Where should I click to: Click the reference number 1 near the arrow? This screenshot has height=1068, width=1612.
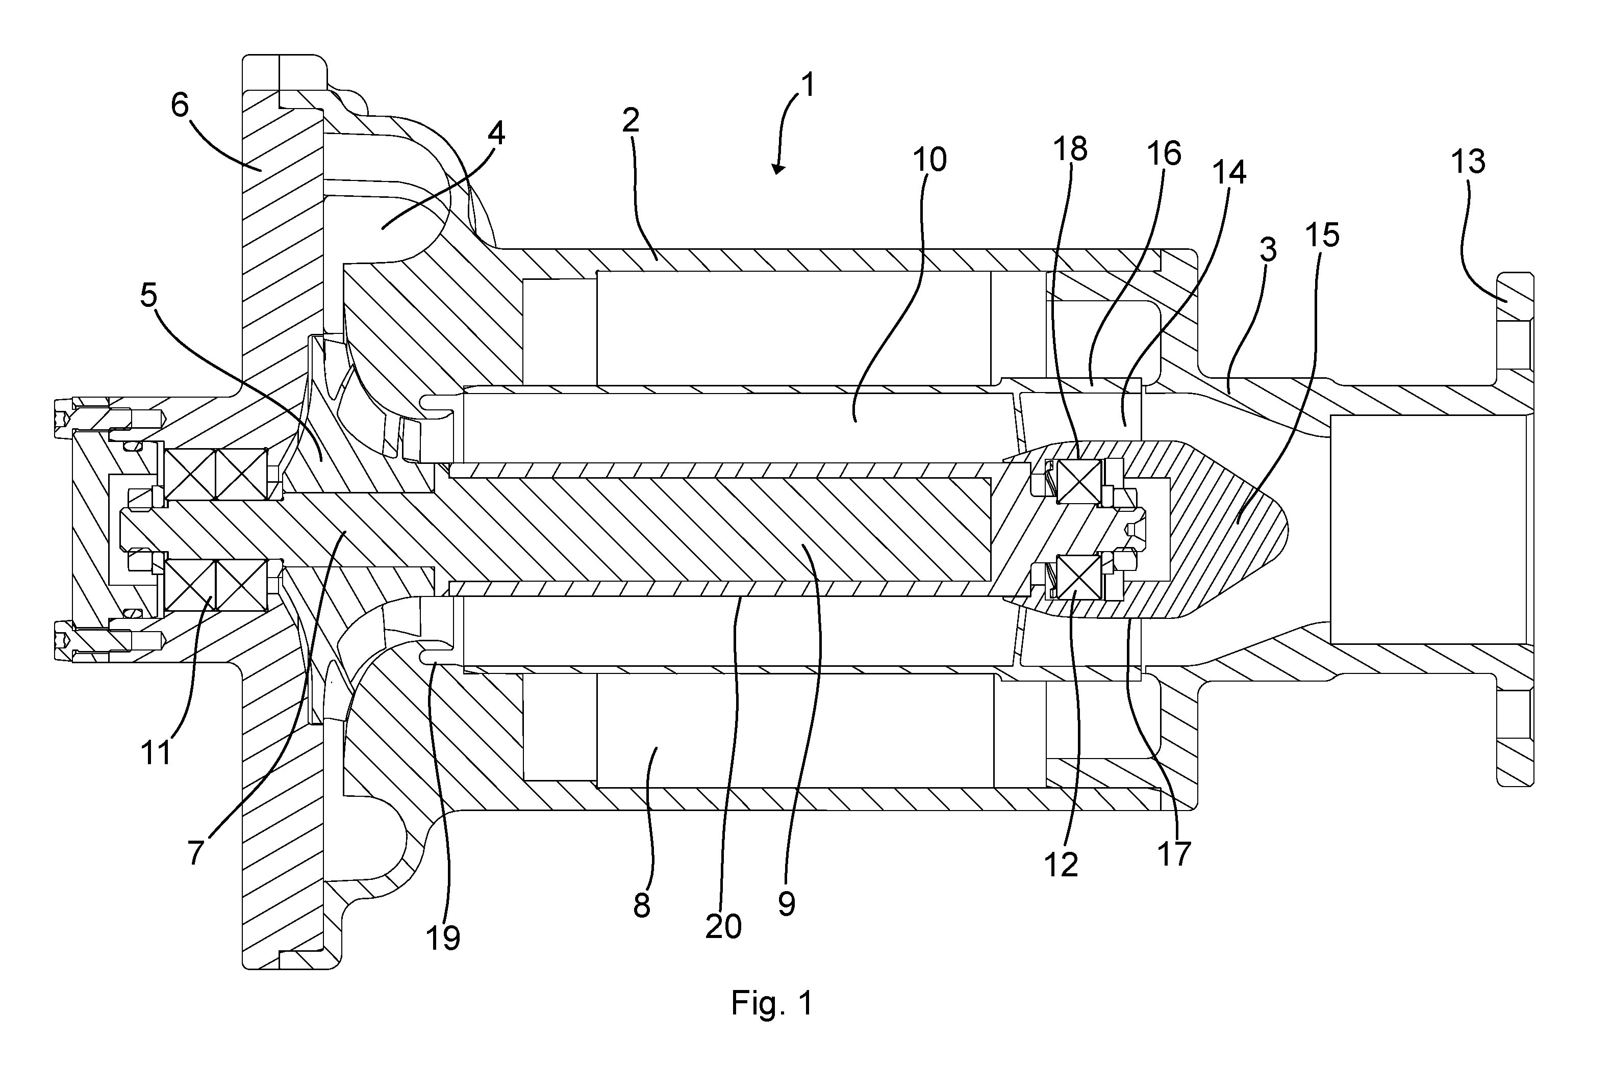click(x=808, y=87)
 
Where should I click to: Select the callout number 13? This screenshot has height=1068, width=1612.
click(x=1468, y=162)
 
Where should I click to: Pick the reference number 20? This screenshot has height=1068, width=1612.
click(x=723, y=926)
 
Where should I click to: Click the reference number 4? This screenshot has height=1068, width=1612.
click(x=496, y=134)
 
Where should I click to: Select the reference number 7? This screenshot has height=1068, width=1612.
click(x=196, y=851)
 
